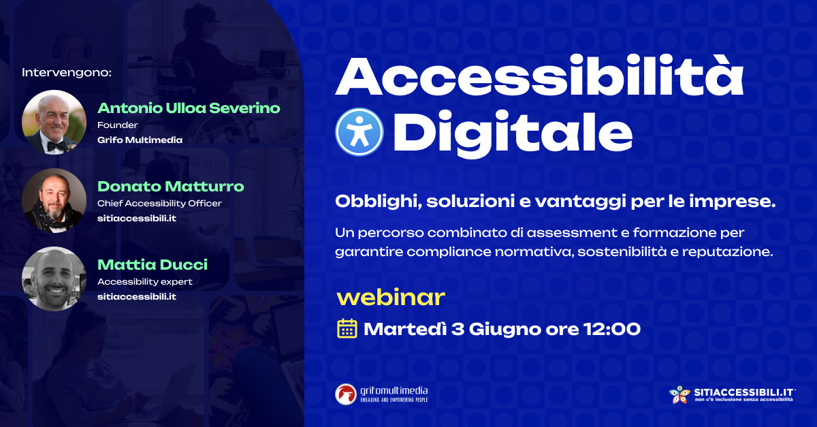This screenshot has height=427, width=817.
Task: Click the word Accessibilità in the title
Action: (x=539, y=76)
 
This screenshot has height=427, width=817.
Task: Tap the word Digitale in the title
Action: (x=513, y=133)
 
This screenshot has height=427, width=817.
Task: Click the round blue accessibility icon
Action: (x=359, y=131)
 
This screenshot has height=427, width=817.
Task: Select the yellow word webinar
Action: (x=391, y=298)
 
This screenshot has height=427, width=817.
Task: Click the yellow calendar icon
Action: (x=347, y=328)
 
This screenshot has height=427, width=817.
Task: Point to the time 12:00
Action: (x=611, y=329)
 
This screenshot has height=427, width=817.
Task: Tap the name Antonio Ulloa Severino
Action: (x=189, y=108)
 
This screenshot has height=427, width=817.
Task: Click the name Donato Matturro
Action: (x=171, y=187)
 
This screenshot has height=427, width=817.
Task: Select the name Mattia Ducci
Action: (x=153, y=265)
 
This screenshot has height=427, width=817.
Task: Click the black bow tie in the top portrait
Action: (x=57, y=146)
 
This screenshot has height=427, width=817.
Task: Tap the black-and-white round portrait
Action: (x=54, y=279)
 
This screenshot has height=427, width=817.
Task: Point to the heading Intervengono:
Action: (x=67, y=72)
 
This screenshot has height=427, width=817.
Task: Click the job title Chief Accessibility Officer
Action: (x=159, y=203)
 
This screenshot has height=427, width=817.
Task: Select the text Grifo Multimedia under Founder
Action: (x=140, y=140)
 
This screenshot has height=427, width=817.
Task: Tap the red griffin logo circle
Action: (x=346, y=394)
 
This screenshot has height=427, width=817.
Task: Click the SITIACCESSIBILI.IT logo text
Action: (x=744, y=392)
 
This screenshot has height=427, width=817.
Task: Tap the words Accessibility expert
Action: (x=145, y=282)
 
